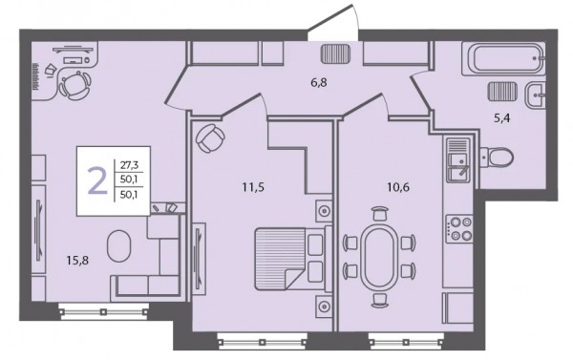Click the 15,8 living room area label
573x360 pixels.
77,261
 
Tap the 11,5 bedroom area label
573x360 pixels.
253,187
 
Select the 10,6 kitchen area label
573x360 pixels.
398,187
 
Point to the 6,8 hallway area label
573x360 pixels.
319,82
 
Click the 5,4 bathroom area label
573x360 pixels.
501,118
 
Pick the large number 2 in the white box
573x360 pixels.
98,180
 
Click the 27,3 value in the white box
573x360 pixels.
129,165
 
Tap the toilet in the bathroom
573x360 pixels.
497,158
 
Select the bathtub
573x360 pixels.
503,59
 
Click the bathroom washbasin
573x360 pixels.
536,95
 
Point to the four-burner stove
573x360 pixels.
460,228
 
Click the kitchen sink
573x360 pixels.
458,160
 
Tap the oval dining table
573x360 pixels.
379,257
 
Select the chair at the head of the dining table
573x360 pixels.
379,213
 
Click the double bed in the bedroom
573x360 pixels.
293,259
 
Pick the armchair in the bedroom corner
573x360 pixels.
210,138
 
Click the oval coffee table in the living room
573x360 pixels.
118,245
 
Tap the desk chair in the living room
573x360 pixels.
74,85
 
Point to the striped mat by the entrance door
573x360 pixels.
336,53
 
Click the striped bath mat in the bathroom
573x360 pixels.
502,92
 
